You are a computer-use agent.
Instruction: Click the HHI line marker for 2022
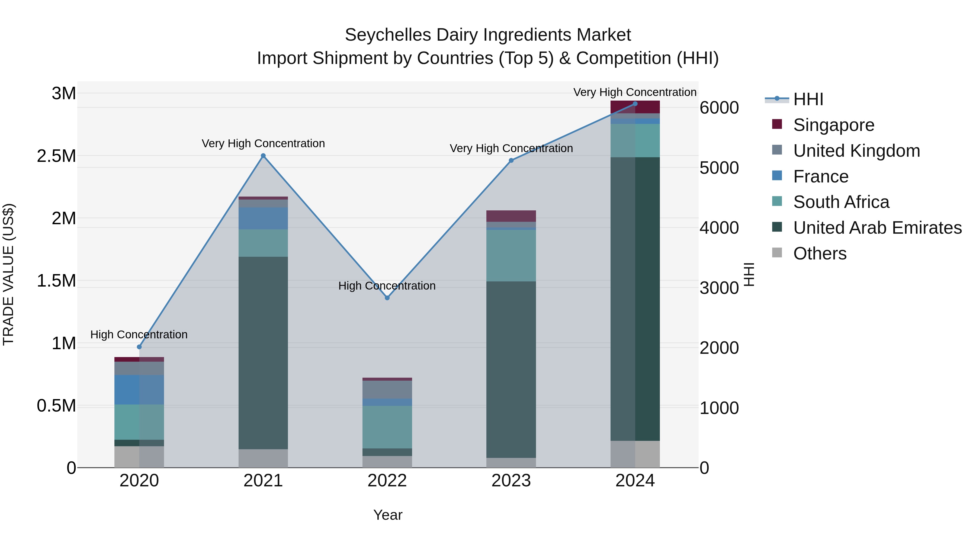tap(387, 298)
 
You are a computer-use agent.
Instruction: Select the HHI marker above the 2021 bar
tap(263, 156)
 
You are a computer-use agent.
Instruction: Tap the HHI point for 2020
tap(139, 347)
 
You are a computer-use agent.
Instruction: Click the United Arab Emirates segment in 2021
tap(263, 352)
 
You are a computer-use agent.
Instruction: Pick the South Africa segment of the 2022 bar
tap(387, 427)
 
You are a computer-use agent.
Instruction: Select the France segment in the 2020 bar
tap(139, 390)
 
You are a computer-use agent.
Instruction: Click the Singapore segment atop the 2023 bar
tap(511, 216)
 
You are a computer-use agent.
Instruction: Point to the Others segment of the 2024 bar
tap(635, 454)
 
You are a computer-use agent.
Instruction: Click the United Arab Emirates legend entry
tap(877, 228)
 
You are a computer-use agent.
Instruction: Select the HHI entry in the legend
tap(808, 99)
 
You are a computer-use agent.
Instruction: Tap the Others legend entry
tap(820, 253)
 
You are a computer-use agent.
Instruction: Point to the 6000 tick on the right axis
tap(719, 108)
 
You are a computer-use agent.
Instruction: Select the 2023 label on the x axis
tap(511, 481)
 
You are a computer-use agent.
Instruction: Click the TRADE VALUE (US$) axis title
tap(8, 274)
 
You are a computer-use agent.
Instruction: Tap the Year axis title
tap(388, 515)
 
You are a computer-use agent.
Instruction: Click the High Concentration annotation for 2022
tap(387, 286)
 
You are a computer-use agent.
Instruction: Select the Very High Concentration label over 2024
tap(635, 92)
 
